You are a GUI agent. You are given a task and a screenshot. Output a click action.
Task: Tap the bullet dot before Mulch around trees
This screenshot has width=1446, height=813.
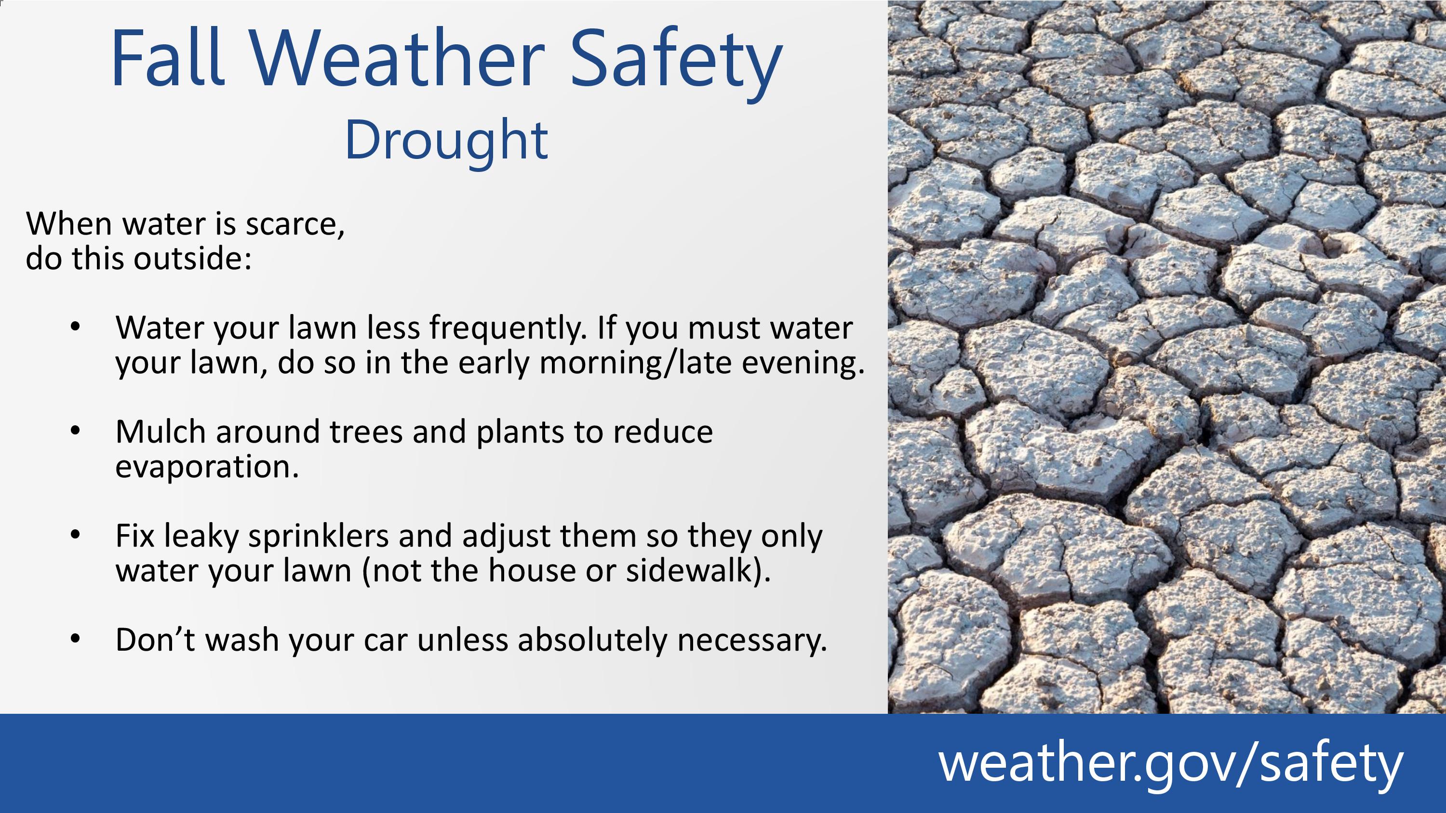coord(76,431)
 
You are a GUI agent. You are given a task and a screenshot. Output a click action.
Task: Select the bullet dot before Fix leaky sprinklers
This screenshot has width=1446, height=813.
coord(76,535)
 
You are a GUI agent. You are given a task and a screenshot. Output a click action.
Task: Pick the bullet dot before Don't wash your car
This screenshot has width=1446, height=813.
coord(76,639)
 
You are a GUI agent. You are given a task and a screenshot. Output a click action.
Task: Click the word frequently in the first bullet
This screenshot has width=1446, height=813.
coord(508,329)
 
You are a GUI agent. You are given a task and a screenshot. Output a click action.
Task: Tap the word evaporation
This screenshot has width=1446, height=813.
coord(207,467)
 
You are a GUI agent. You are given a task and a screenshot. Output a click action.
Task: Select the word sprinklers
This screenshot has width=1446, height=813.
coord(318,537)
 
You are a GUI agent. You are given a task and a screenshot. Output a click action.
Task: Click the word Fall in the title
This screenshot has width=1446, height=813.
coord(168,58)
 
